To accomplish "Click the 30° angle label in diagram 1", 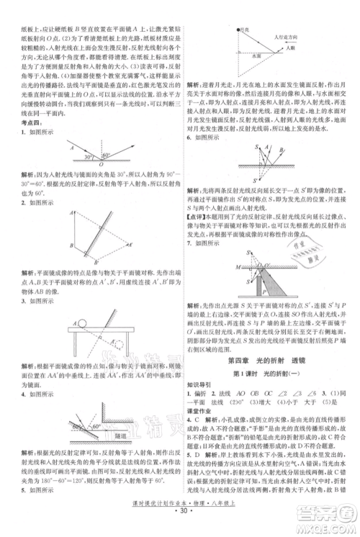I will click(87, 156).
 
